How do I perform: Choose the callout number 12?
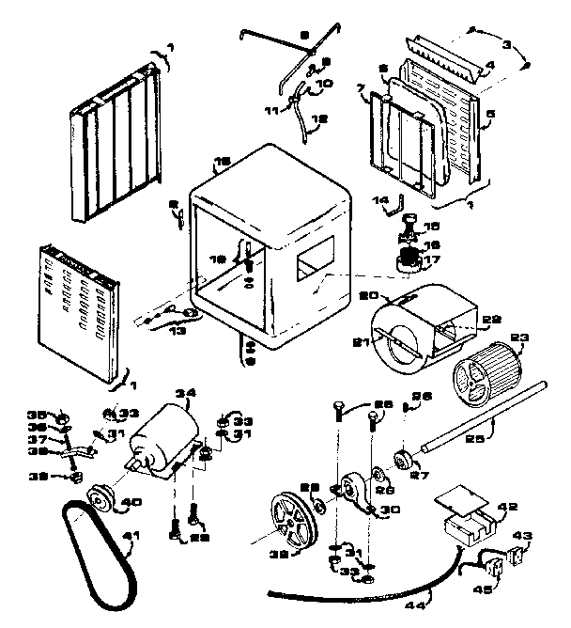click(320, 119)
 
